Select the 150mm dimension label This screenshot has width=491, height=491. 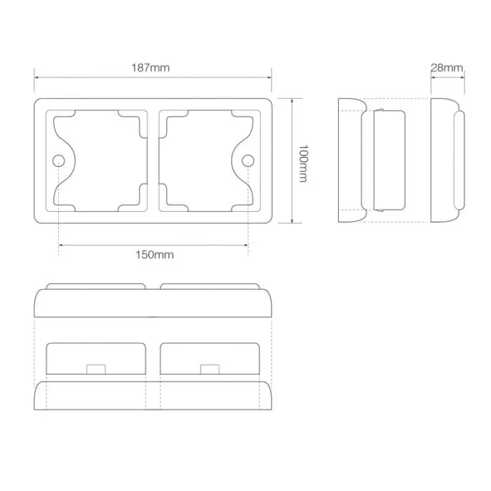pos(154,255)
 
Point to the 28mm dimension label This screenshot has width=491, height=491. pos(447,68)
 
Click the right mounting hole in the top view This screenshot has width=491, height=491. pos(248,162)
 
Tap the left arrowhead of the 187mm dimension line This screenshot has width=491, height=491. pos(36,78)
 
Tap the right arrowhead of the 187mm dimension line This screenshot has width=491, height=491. pos(269,78)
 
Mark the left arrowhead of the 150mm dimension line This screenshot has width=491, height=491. pos(61,244)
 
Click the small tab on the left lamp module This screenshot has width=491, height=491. pos(95,369)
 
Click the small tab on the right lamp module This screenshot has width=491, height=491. pos(209,369)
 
